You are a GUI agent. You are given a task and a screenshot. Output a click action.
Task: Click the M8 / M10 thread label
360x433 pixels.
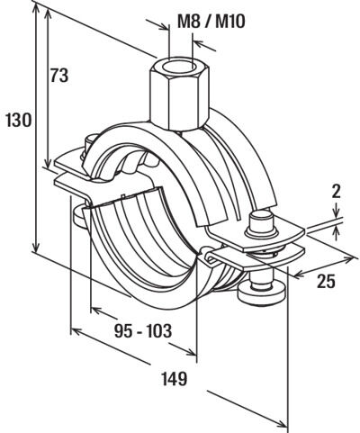point(211,22)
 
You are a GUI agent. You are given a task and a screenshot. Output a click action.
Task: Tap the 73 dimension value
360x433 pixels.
point(59,76)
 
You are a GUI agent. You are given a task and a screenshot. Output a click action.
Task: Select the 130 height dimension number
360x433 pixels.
point(19,120)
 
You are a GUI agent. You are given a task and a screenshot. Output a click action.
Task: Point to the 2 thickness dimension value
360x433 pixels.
point(337,192)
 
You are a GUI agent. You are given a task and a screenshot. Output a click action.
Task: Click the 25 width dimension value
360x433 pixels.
point(326,282)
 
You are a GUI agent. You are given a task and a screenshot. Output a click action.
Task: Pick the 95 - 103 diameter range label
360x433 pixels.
point(143,331)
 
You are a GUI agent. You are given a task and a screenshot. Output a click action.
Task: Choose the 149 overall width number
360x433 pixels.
point(175,379)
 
